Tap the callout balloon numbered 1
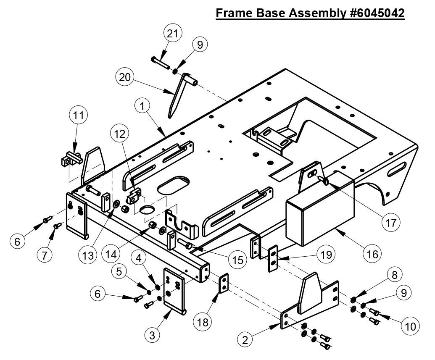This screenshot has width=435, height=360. point(143,107)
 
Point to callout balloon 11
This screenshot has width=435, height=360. point(78,117)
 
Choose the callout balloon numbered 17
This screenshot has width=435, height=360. point(391,223)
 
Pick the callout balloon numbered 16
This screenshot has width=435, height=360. point(372,254)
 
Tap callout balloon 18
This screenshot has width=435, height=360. point(202,322)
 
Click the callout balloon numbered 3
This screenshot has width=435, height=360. point(153,335)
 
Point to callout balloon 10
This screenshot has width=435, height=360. point(410,326)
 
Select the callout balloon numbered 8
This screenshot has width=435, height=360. point(394,275)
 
